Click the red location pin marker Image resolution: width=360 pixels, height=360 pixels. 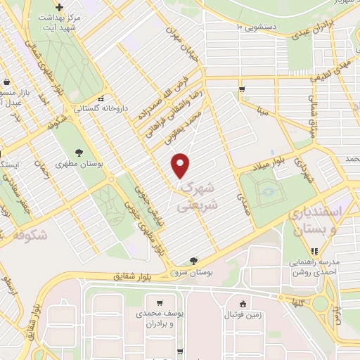click(181, 166)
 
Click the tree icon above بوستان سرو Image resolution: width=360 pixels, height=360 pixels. click(193, 261)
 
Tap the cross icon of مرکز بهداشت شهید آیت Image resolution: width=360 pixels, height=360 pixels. click(60, 6)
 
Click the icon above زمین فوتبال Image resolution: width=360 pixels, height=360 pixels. click(243, 304)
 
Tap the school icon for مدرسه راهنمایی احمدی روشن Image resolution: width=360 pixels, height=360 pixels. click(314, 250)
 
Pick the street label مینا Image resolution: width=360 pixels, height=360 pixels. click(262, 110)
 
